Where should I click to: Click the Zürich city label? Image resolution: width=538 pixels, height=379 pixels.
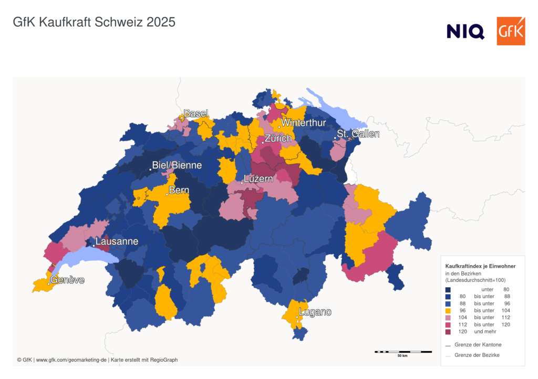point(278,139)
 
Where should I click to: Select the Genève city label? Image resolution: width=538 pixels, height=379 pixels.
point(67,280)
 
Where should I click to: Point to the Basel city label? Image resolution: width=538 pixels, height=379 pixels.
point(195,113)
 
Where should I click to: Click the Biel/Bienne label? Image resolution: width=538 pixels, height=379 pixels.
point(177,165)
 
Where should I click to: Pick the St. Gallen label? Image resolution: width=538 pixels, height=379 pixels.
point(358,134)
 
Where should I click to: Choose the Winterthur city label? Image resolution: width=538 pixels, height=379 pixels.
point(304,123)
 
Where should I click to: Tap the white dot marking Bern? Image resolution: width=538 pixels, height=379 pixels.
point(167,194)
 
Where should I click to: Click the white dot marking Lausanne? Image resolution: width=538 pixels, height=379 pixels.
point(94,245)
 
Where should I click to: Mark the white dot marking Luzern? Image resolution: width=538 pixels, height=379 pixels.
point(242,183)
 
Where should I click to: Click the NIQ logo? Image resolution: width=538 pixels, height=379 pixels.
point(465,31)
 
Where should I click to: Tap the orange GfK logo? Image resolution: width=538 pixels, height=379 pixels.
point(511,31)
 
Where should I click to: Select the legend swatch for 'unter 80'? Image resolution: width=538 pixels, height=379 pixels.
point(448,290)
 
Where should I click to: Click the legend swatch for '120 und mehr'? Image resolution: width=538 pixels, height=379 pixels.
point(448,332)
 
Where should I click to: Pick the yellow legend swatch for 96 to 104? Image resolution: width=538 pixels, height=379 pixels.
point(448,311)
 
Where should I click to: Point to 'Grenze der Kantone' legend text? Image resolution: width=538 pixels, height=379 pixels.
point(478,345)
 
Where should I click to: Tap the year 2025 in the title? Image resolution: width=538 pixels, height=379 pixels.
point(161,23)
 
